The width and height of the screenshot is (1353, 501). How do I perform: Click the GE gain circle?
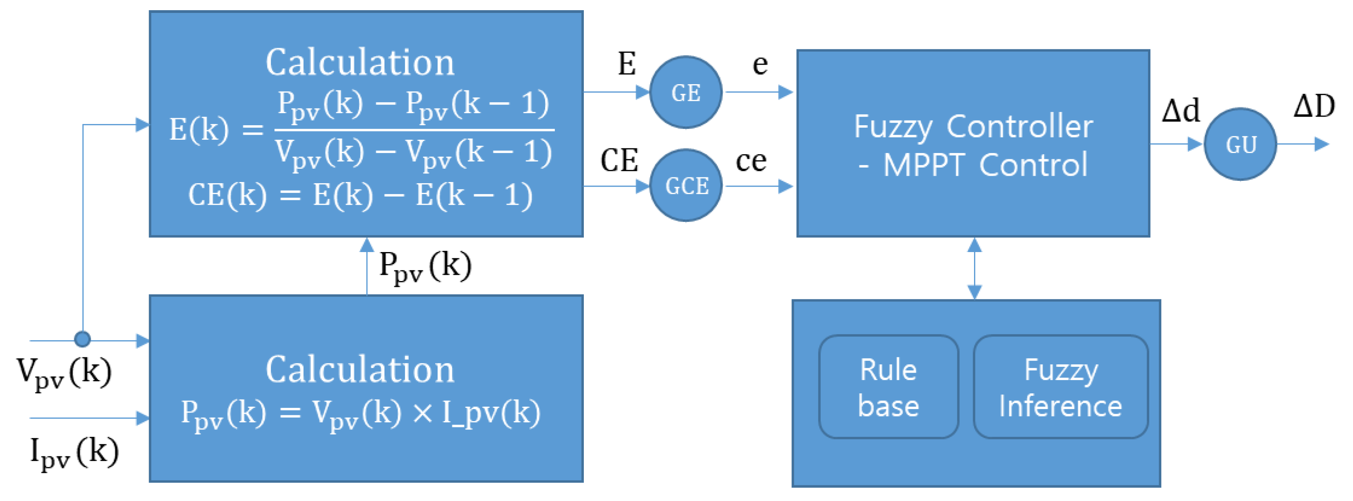[685, 92]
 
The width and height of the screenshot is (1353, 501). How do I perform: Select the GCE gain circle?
[685, 185]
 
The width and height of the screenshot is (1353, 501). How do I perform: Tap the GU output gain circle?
[1240, 144]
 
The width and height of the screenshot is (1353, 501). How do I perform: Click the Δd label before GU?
[1180, 110]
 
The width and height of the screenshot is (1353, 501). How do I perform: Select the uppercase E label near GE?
[626, 64]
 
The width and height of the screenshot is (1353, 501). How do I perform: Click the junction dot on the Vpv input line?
[83, 339]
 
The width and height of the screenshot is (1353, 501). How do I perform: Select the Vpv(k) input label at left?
[64, 372]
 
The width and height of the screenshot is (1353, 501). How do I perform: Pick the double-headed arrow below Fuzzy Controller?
[974, 269]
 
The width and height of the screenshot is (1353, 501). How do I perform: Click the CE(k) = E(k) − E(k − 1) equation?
[360, 196]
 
